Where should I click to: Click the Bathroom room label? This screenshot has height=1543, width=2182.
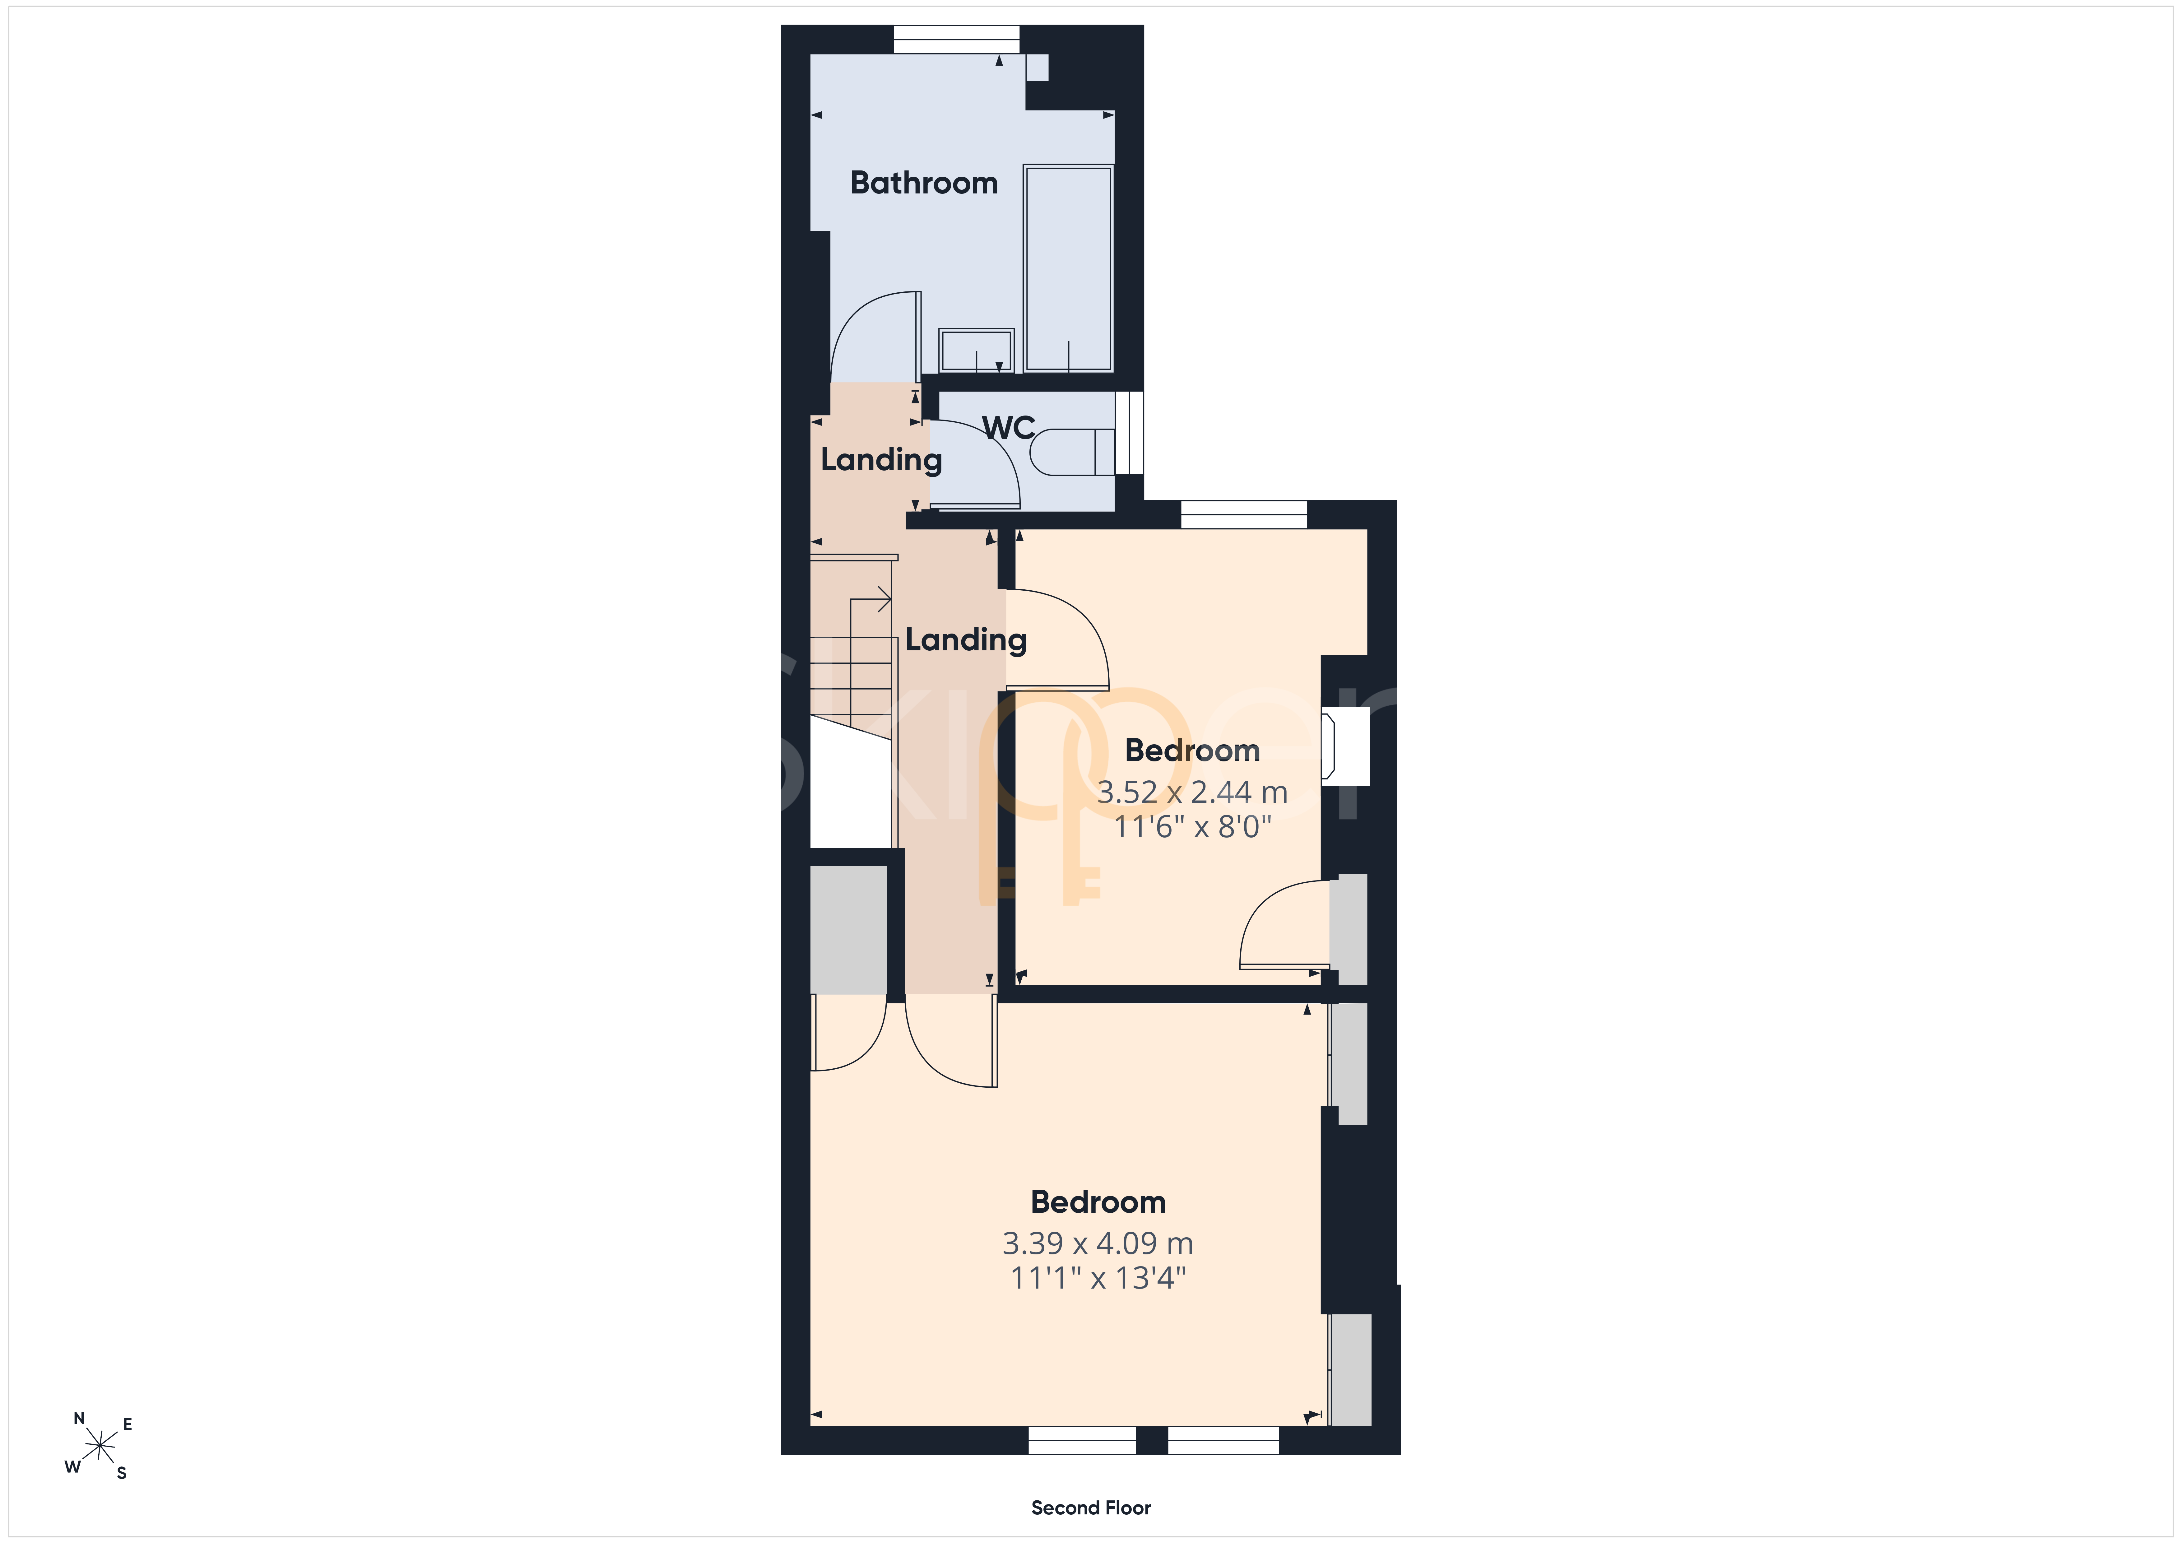(x=924, y=183)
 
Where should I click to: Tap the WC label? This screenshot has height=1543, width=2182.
(x=1008, y=428)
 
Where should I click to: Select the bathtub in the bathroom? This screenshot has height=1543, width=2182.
(x=1068, y=268)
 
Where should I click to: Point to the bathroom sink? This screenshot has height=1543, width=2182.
(x=976, y=351)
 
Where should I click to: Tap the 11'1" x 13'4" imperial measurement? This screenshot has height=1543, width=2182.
(x=1098, y=1278)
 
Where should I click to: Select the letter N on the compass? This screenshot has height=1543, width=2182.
(x=79, y=1419)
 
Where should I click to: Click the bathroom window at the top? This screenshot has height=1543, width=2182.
(x=956, y=39)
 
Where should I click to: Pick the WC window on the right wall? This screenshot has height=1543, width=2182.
(x=1129, y=433)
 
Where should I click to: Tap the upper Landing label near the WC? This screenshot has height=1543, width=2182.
(x=881, y=460)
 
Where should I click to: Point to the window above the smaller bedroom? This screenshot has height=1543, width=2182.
(x=1244, y=514)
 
